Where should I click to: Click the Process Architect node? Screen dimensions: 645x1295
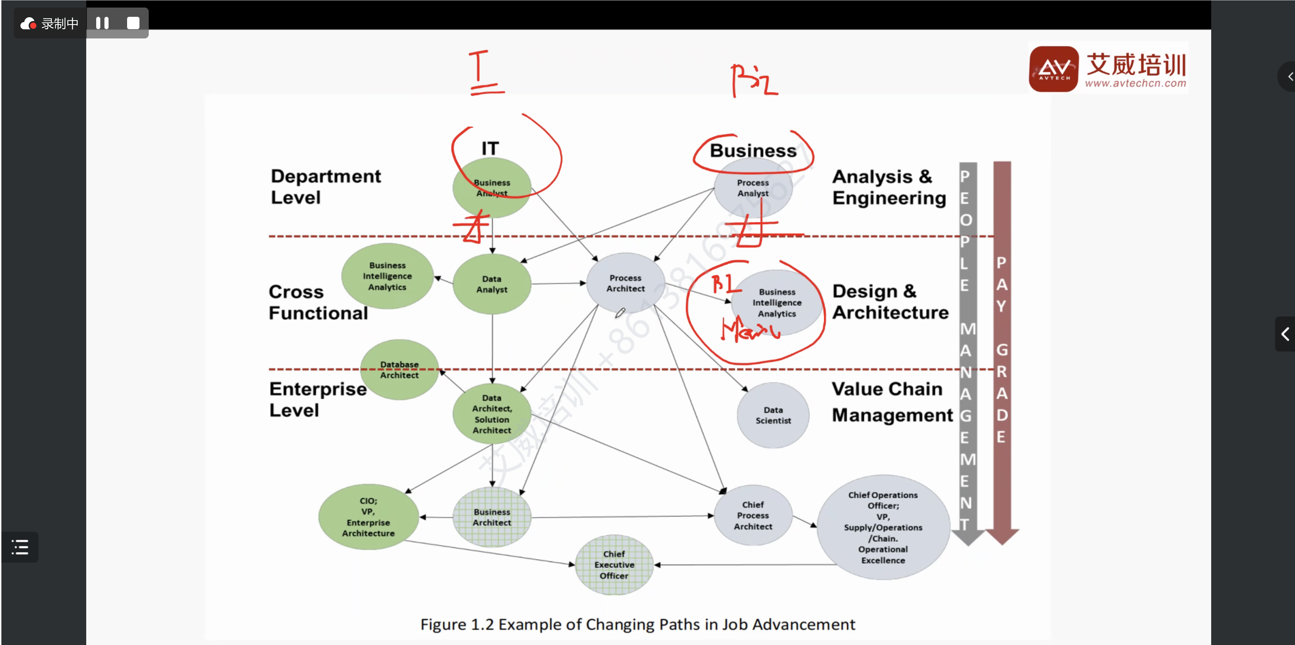(x=626, y=283)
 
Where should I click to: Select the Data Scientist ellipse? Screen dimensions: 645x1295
(x=773, y=415)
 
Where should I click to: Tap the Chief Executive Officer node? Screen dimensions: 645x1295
(x=614, y=565)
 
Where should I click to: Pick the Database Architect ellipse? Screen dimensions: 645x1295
(x=399, y=370)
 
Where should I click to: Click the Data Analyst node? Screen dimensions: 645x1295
(x=492, y=284)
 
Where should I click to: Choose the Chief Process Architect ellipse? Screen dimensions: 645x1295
(x=753, y=515)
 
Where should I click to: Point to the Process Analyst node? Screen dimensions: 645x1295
(x=753, y=188)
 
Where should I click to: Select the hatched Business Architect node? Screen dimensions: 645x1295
(x=492, y=517)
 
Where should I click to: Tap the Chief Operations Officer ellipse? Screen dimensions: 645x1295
(x=883, y=528)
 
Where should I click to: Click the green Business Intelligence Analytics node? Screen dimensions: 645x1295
(x=387, y=276)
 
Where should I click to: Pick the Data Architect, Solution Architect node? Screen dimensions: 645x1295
(x=492, y=414)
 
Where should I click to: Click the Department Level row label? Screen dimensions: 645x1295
(x=325, y=187)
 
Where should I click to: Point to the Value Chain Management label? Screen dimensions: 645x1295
(x=891, y=402)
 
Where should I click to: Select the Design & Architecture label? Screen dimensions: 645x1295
(x=890, y=302)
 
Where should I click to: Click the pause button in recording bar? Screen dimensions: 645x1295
(x=103, y=23)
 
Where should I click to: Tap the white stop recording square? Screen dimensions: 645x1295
(x=133, y=23)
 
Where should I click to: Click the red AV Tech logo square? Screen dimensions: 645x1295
(x=1054, y=69)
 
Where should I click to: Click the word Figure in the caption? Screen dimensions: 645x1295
(x=443, y=624)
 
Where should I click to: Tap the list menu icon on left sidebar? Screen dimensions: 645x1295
(x=20, y=547)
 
